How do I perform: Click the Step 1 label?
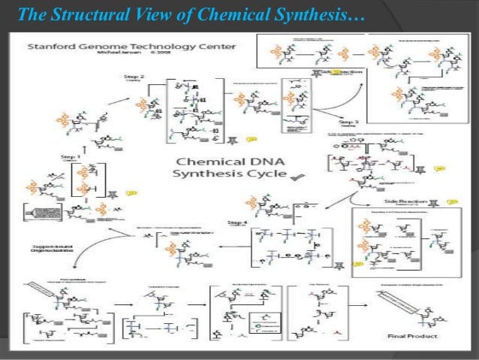tap(71, 156)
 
